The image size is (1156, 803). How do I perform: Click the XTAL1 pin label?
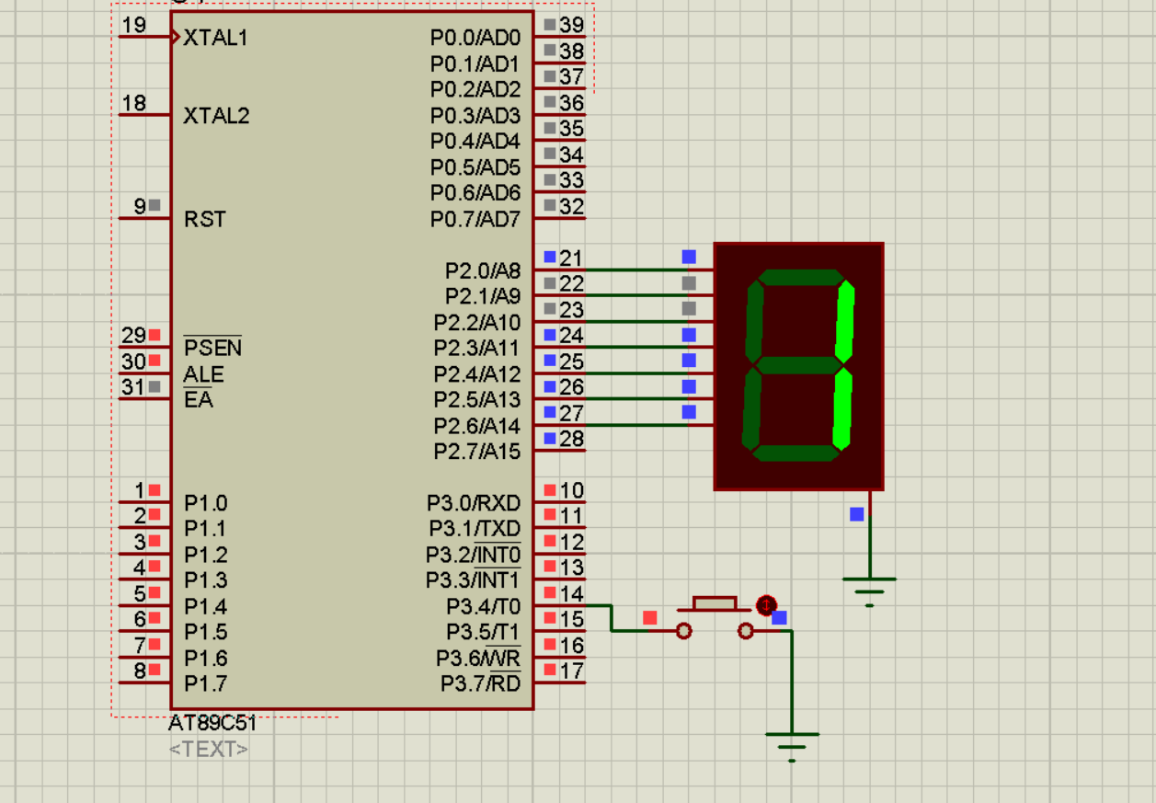point(215,38)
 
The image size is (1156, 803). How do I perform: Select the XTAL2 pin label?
point(216,116)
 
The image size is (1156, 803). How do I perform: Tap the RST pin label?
point(204,220)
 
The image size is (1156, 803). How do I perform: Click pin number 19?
point(134,25)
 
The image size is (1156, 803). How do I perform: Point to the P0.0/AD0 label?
point(475,39)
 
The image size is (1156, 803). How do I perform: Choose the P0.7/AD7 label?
point(475,220)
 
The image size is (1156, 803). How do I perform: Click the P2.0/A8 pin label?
point(483,271)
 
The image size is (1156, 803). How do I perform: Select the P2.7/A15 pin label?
point(477,452)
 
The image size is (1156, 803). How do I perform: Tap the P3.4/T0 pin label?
point(483,607)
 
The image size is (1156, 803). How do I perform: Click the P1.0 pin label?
point(205,503)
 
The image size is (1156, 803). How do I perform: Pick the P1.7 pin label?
point(205,684)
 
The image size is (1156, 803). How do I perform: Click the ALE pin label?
point(203,374)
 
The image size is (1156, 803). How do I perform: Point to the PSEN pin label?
point(212,348)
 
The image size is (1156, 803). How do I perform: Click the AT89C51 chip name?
point(212,724)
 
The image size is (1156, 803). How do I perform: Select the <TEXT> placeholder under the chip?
point(209,749)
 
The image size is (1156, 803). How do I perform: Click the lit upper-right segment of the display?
point(845,321)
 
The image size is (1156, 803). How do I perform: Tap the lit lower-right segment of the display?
point(841,407)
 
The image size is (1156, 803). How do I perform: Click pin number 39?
point(572,25)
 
